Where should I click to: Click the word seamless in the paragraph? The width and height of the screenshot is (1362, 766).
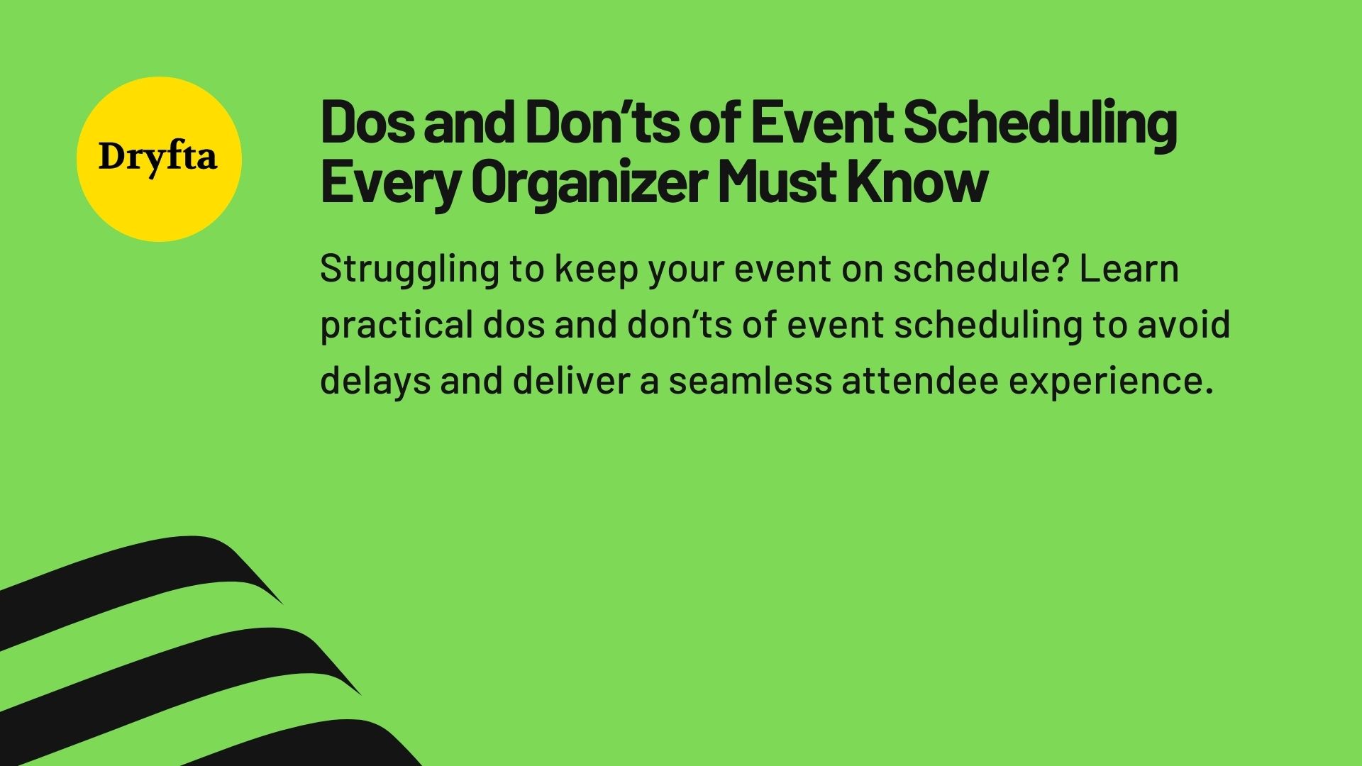750,381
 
